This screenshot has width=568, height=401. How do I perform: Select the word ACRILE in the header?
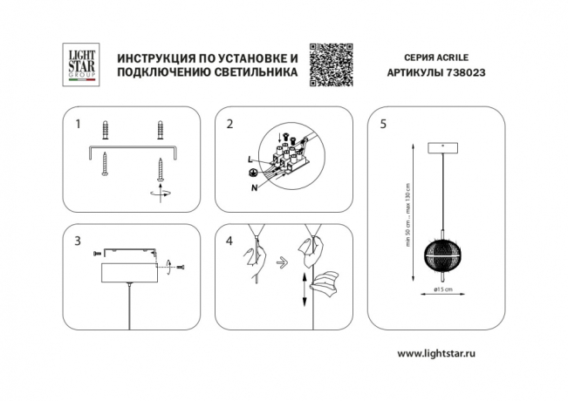click(455, 57)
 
